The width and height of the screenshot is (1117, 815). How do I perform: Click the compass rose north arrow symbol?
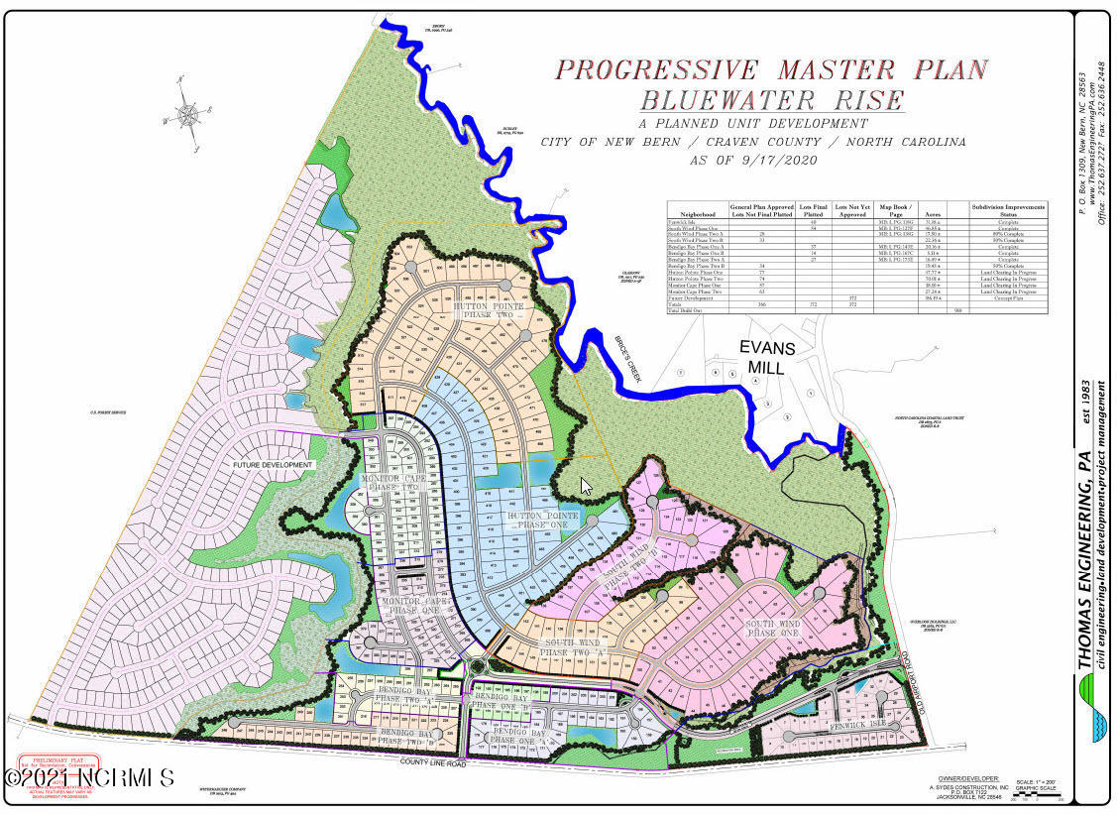click(188, 111)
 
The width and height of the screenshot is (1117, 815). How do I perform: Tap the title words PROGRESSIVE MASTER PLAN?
click(771, 69)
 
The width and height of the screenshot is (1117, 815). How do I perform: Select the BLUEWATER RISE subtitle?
click(771, 100)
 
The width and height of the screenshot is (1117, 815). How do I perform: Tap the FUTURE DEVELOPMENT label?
click(273, 464)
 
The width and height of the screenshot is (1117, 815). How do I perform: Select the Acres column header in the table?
click(931, 213)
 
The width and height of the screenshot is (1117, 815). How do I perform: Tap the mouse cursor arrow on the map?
click(586, 486)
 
